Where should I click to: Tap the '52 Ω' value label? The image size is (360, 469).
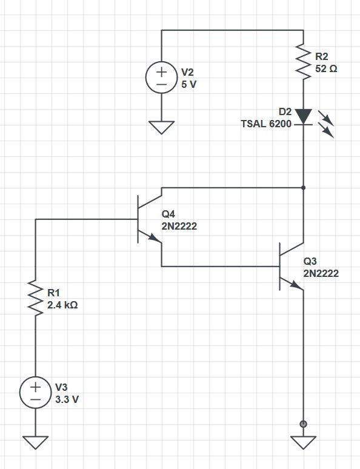tap(327, 68)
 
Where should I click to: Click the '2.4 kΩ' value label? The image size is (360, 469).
tap(62, 305)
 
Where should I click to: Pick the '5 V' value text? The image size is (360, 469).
tap(189, 84)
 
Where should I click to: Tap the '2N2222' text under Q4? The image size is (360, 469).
tap(179, 227)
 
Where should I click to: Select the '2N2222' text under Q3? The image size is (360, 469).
tap(321, 273)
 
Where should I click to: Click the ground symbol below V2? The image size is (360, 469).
tap(161, 128)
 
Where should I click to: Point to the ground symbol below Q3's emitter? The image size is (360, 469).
tap(303, 443)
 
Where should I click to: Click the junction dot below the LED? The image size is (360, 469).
tap(303, 188)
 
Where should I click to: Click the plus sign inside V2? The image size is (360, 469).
tap(161, 71)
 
